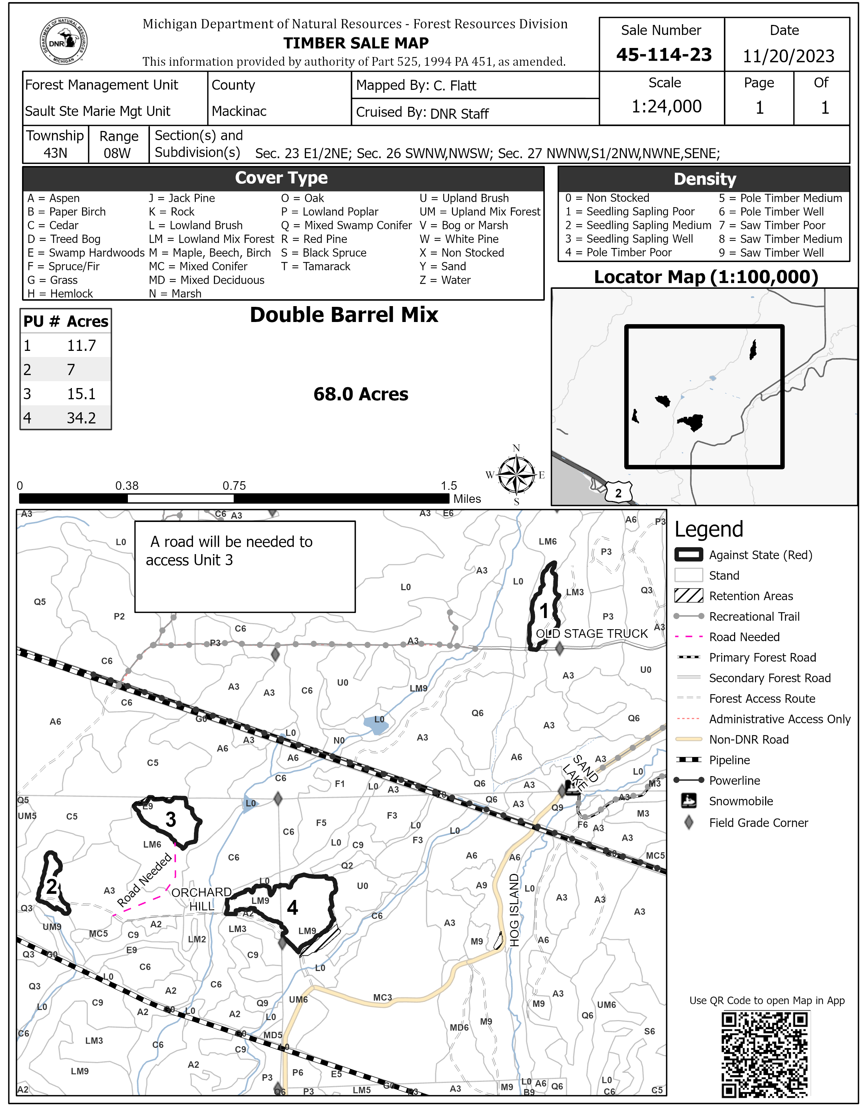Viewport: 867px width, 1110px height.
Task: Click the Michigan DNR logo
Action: tap(64, 42)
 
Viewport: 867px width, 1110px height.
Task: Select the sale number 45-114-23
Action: tap(664, 55)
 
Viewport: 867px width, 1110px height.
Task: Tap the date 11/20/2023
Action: tap(788, 56)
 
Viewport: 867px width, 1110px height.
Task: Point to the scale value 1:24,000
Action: tap(666, 106)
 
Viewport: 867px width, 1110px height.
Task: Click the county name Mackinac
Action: tap(239, 111)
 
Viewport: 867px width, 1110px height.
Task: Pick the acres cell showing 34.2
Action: tap(81, 418)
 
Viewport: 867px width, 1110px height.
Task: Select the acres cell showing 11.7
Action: tap(81, 345)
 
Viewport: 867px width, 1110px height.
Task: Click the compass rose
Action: tap(516, 475)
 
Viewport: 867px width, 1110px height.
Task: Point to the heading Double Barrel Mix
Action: tap(344, 315)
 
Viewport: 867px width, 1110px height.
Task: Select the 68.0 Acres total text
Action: tap(361, 395)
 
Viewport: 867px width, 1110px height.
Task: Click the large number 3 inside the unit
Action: tap(171, 819)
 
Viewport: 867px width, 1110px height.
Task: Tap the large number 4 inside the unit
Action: tap(292, 908)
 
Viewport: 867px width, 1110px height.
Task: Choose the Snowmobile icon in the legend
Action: tap(689, 801)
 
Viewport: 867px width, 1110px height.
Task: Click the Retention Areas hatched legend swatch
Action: tap(689, 596)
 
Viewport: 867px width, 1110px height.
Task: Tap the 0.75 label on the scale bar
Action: tap(234, 486)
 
